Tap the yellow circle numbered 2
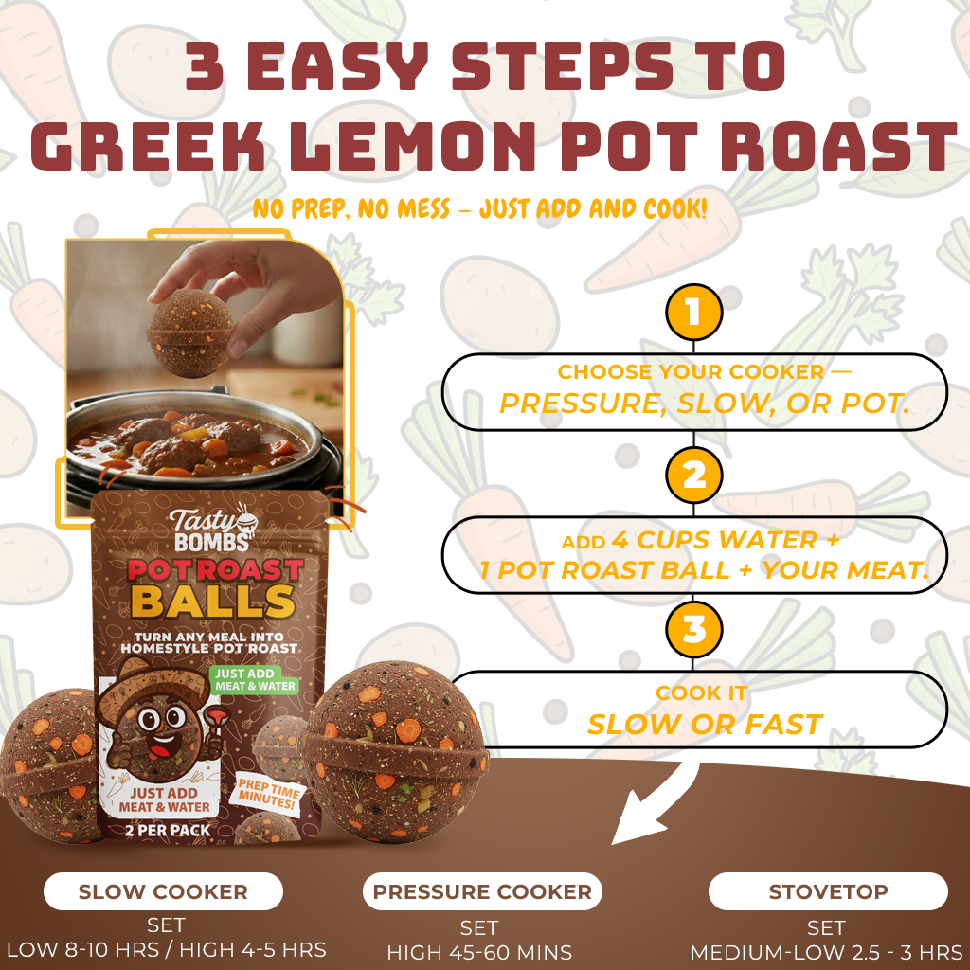click(694, 474)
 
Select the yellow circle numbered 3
click(694, 630)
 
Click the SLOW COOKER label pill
click(163, 891)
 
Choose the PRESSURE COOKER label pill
click(482, 891)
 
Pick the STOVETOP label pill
click(828, 891)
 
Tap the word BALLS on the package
click(212, 600)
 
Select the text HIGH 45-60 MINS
click(479, 951)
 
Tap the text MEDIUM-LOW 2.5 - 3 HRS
click(826, 951)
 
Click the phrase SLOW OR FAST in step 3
click(704, 725)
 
